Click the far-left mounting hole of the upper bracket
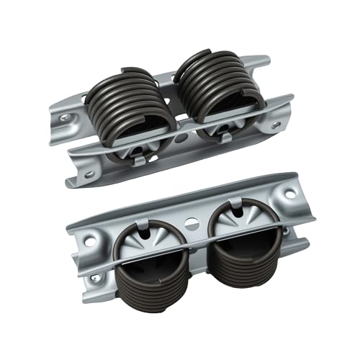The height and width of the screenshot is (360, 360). [x=66, y=119]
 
